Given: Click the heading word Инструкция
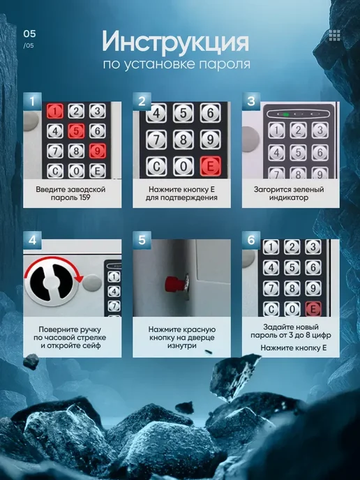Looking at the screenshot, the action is tap(175, 42).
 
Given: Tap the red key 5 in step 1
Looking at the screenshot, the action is tap(76, 131).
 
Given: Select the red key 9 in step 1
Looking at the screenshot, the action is tap(98, 151).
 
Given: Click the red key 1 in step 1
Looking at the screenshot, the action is tap(55, 111).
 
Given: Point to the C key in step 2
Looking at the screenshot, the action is tap(156, 167).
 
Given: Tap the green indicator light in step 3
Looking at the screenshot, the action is tap(286, 114).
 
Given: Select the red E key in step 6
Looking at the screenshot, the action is tap(313, 309).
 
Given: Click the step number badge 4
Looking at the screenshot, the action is tap(32, 240).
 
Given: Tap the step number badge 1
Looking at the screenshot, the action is tap(32, 101).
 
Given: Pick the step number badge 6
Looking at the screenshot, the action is tap(251, 240).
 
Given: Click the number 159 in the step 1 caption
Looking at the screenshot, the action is tap(84, 197).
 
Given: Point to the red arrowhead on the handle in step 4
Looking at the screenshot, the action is tap(80, 278).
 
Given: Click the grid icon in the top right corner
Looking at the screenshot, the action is tap(335, 36).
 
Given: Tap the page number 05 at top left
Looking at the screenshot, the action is tap(30, 33).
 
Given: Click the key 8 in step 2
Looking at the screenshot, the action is tap(183, 140).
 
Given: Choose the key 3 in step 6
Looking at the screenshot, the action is tap(313, 247).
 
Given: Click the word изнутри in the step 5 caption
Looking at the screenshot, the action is tap(181, 345).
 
